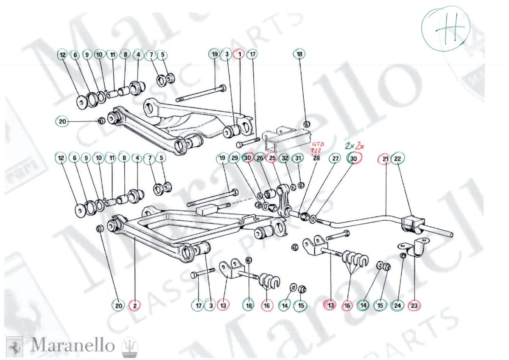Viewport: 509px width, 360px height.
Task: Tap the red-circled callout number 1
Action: [x=240, y=54]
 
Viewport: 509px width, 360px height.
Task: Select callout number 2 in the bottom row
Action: [x=135, y=305]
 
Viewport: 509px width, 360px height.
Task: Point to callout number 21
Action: [x=385, y=158]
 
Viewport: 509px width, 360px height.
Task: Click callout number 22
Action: [x=398, y=158]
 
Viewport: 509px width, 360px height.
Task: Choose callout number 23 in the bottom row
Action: [x=414, y=305]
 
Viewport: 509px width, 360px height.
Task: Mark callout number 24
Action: [x=397, y=305]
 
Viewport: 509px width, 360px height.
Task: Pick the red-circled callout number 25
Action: [x=272, y=158]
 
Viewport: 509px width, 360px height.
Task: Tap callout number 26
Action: [x=260, y=158]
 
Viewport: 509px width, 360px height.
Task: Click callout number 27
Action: [x=336, y=158]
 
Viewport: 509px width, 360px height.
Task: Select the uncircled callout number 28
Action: [x=316, y=158]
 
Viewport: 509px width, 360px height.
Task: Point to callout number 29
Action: [x=235, y=158]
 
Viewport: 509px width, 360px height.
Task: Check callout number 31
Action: [x=299, y=158]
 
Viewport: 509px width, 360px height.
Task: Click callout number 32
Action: [x=285, y=158]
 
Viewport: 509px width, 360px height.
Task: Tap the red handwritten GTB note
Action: [x=317, y=144]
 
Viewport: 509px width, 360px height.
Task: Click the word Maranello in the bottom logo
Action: [x=73, y=345]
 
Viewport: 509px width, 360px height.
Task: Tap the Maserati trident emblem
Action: [x=128, y=345]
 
